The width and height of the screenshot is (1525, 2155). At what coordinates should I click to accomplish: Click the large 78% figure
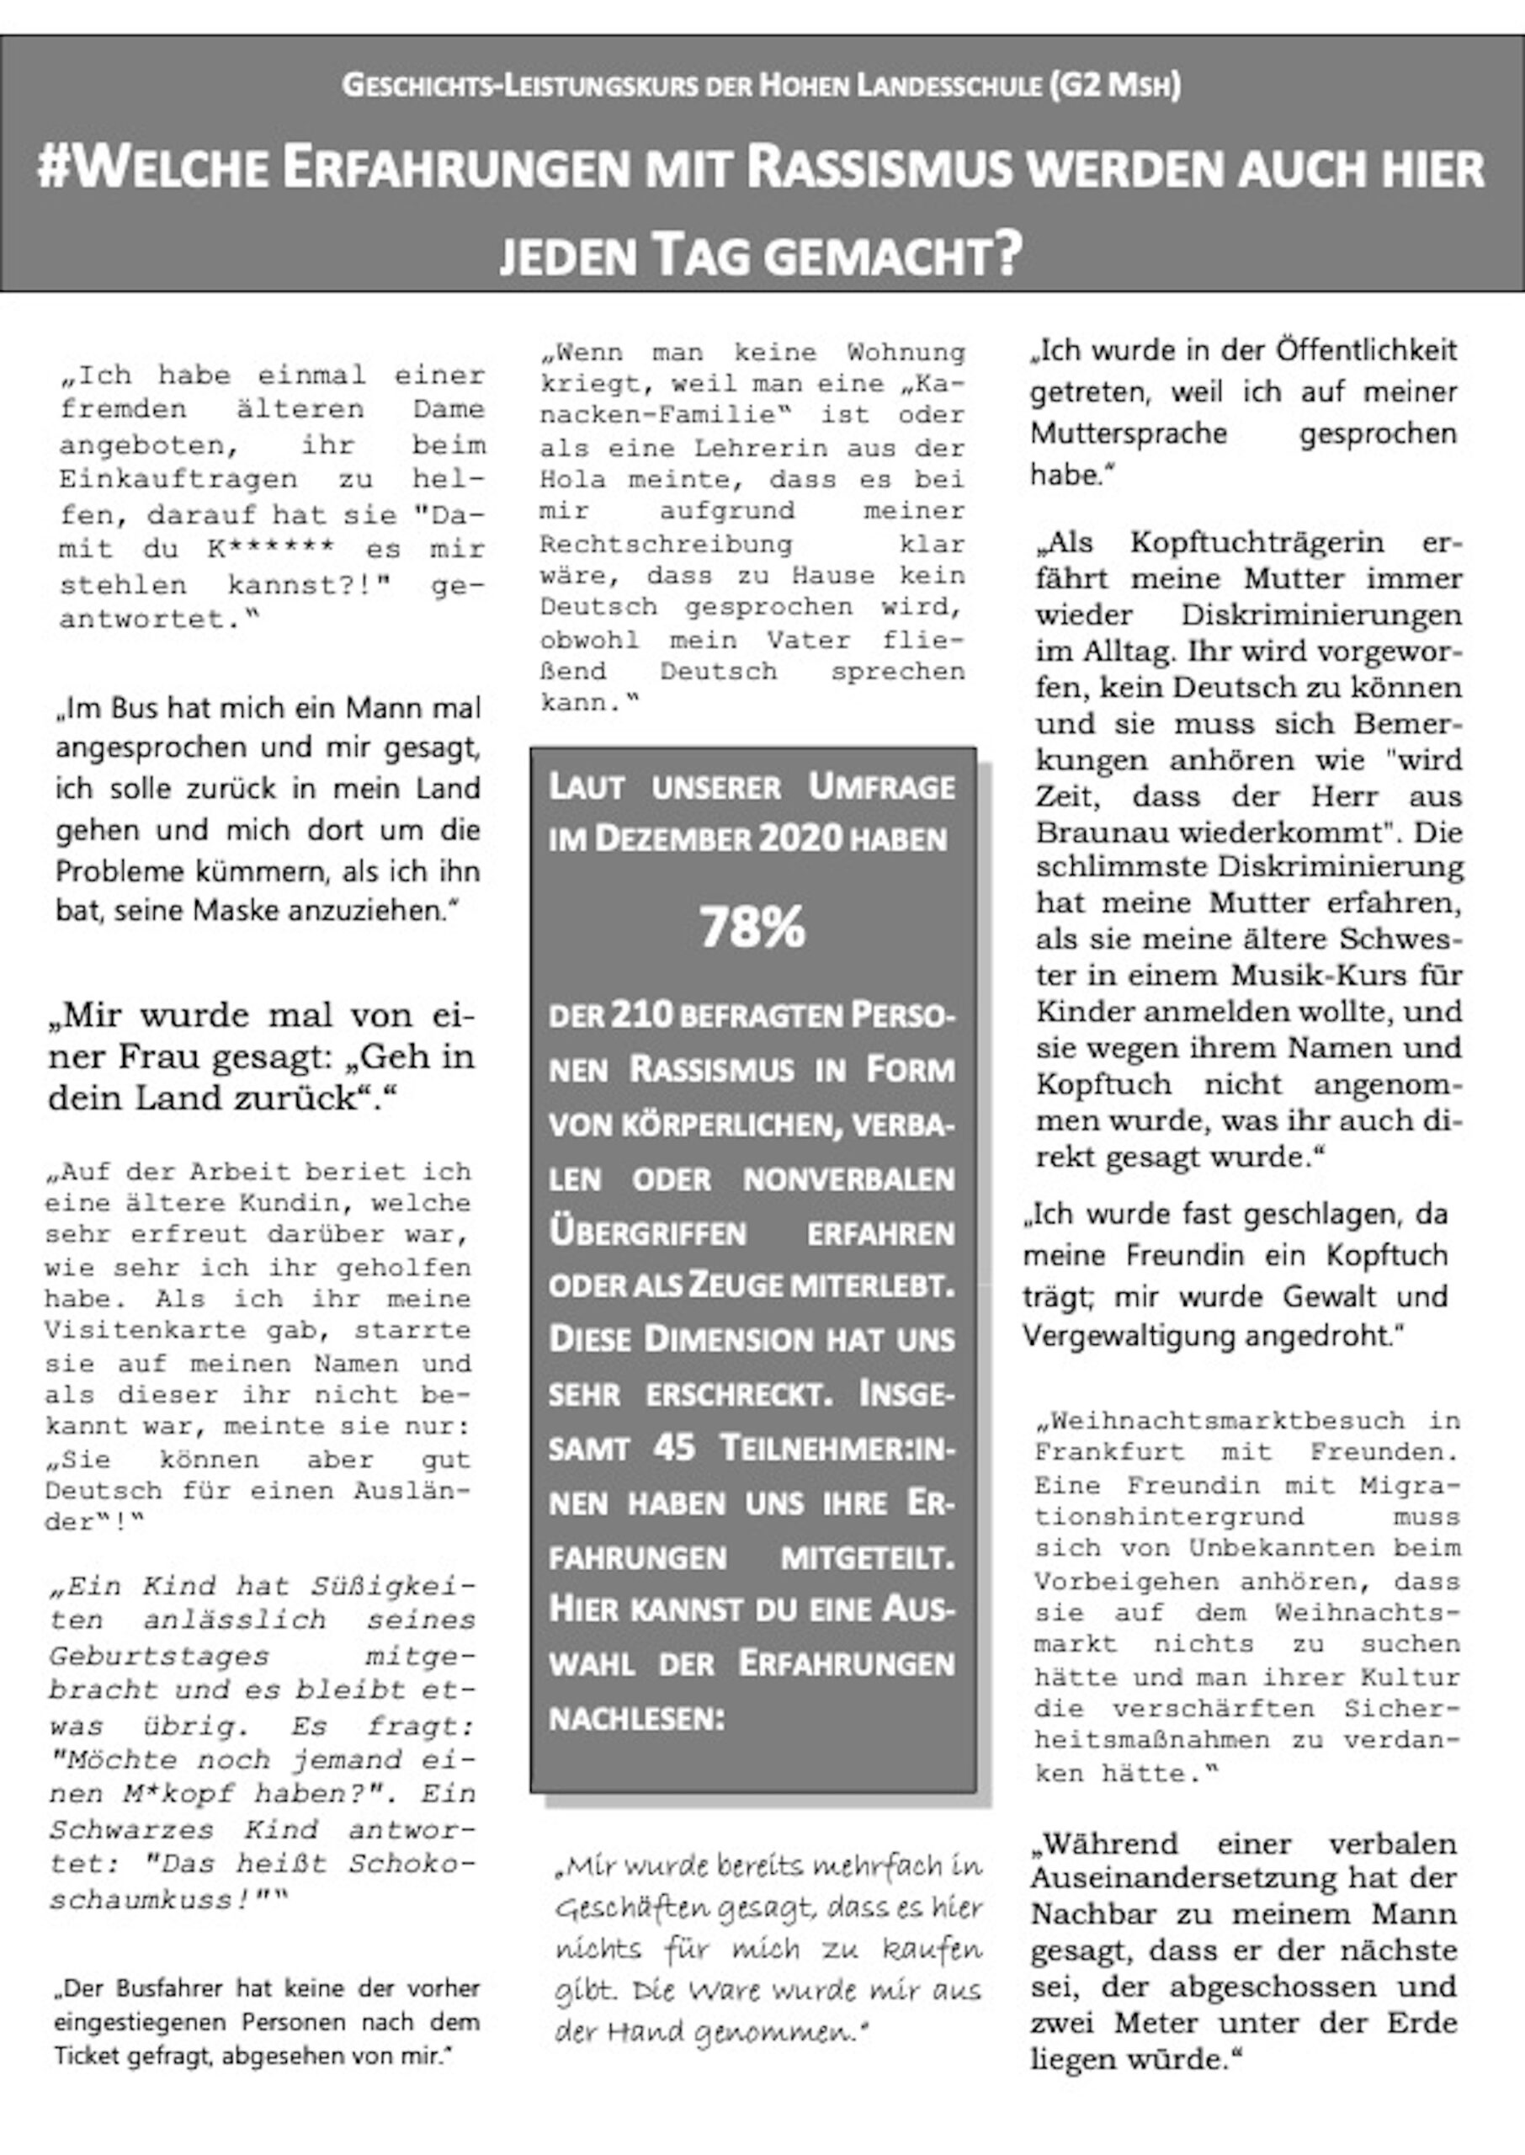point(752,927)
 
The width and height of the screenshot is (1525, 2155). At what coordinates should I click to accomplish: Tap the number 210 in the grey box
point(642,1014)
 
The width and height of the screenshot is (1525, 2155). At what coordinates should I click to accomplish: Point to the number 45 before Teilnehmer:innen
point(673,1447)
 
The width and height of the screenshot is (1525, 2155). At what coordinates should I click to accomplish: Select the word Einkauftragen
point(178,479)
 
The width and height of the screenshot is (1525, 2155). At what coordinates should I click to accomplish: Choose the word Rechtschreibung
point(666,544)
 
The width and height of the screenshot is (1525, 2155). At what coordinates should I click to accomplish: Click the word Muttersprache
point(1129,433)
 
